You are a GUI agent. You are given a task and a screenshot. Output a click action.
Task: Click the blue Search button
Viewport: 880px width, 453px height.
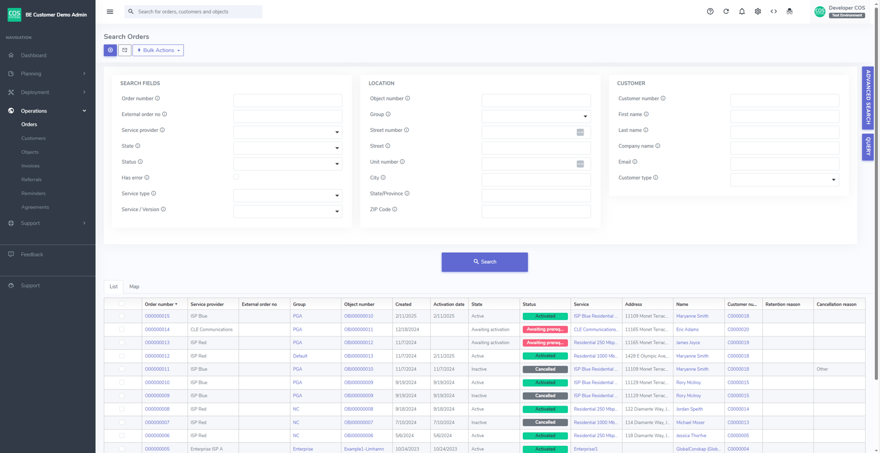(485, 262)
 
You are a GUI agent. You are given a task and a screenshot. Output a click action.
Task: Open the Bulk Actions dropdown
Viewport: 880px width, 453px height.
(158, 50)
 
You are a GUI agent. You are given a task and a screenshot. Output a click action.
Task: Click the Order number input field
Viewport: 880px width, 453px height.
(288, 100)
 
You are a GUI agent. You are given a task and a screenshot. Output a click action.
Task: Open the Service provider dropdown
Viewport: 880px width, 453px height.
(288, 132)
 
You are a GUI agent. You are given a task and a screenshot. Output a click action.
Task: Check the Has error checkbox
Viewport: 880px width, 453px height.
(236, 177)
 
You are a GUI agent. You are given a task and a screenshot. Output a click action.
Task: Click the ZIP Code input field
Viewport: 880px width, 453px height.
(536, 211)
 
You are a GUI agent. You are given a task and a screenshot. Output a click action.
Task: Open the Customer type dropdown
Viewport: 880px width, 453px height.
(784, 179)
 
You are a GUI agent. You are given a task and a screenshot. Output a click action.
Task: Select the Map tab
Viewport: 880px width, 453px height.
(134, 286)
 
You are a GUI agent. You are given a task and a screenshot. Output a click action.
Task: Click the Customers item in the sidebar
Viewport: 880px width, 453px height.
(33, 138)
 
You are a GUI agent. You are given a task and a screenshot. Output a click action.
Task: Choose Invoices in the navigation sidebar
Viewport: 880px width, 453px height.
(30, 166)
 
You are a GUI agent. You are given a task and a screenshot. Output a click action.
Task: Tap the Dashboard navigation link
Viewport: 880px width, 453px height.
(33, 55)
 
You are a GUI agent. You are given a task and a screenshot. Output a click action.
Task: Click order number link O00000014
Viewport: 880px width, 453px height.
(157, 329)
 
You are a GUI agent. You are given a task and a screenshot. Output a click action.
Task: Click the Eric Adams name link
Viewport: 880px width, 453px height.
(687, 329)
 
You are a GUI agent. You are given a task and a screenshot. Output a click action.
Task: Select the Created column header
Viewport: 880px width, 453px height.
(403, 304)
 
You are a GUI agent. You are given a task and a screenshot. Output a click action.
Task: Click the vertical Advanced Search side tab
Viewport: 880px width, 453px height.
(868, 97)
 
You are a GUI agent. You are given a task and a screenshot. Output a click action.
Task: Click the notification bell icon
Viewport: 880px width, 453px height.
(742, 11)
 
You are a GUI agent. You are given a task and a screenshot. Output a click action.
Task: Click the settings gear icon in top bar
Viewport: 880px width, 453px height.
(758, 11)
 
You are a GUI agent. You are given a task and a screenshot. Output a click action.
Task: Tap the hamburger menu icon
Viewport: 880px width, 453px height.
(110, 11)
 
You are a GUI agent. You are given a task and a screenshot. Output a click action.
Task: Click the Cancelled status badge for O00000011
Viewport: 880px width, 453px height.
(545, 369)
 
